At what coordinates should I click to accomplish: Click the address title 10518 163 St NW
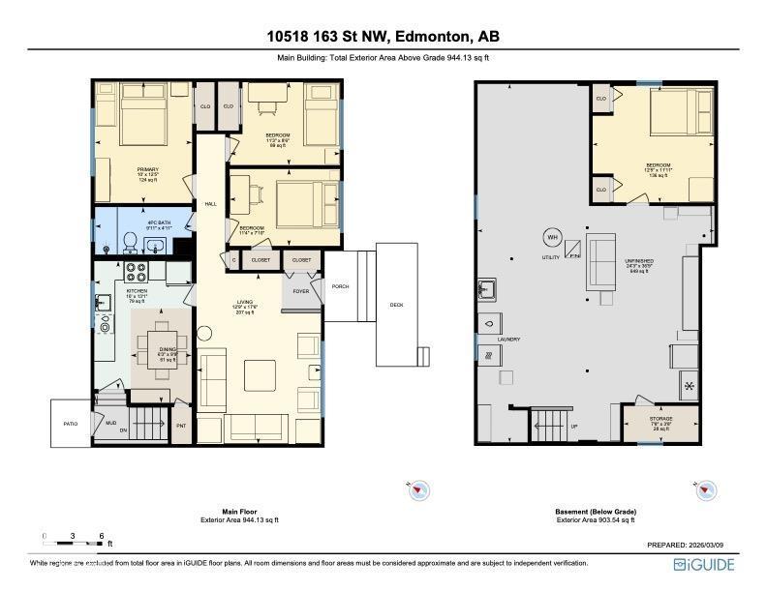point(383,37)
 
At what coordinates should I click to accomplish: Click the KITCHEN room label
point(137,290)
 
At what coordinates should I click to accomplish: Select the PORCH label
point(340,286)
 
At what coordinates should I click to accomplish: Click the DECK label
point(396,305)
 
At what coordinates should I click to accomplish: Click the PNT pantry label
point(181,424)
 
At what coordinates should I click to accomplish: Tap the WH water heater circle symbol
point(552,237)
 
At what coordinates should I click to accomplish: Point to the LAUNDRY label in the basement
point(508,340)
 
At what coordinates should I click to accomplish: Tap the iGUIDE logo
point(704,565)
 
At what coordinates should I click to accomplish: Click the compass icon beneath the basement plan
point(704,492)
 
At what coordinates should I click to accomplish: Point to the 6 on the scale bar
point(102,535)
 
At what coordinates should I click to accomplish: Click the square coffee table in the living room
point(258,374)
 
